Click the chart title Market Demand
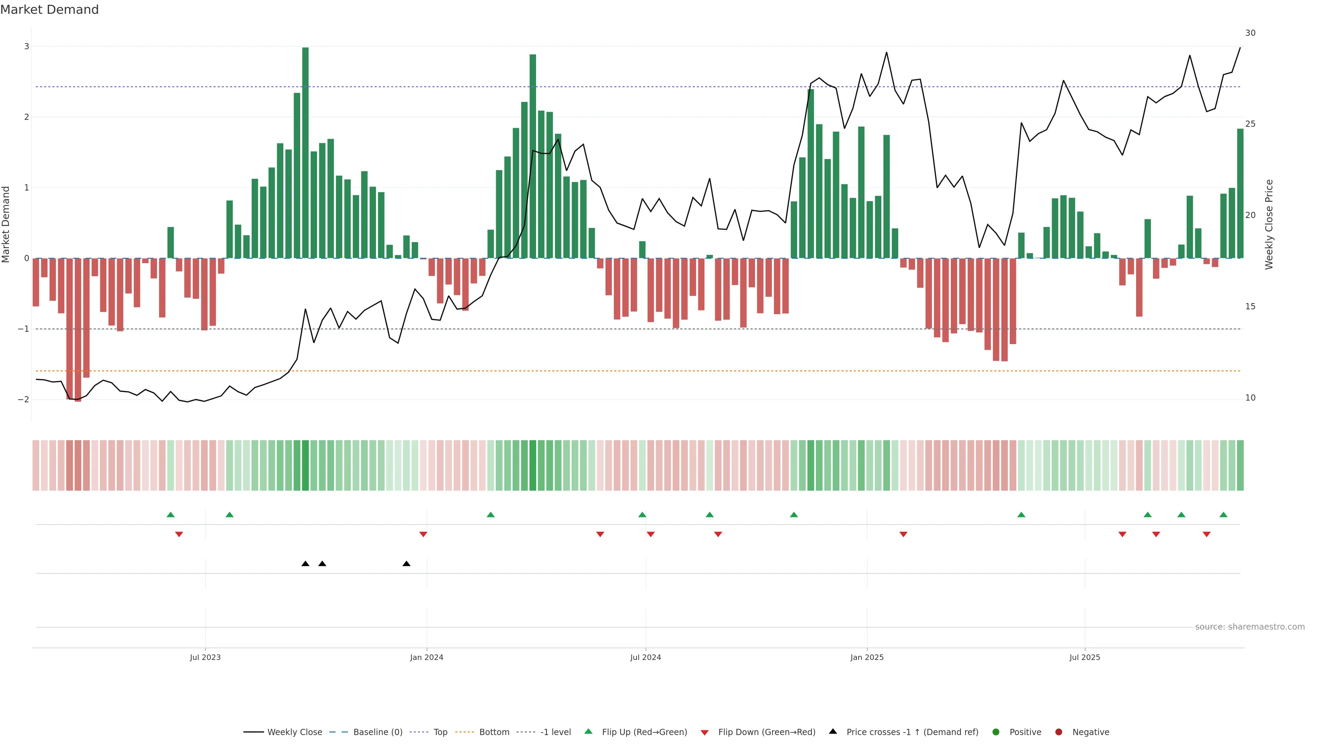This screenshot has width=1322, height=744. (x=49, y=10)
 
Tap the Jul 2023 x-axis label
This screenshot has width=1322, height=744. (x=205, y=657)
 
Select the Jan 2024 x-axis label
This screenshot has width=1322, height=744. (x=427, y=657)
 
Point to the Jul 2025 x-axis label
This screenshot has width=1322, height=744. (x=1084, y=657)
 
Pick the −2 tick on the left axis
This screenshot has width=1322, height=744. (x=23, y=400)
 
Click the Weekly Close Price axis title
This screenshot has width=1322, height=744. (x=1269, y=224)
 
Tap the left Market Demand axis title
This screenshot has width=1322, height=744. (x=6, y=224)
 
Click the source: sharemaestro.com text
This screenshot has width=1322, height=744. (x=1250, y=627)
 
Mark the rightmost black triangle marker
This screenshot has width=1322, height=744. (x=407, y=564)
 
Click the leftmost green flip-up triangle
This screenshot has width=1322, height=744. (x=171, y=515)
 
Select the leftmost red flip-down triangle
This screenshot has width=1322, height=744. (x=179, y=535)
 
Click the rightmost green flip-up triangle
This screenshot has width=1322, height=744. (x=1224, y=515)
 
